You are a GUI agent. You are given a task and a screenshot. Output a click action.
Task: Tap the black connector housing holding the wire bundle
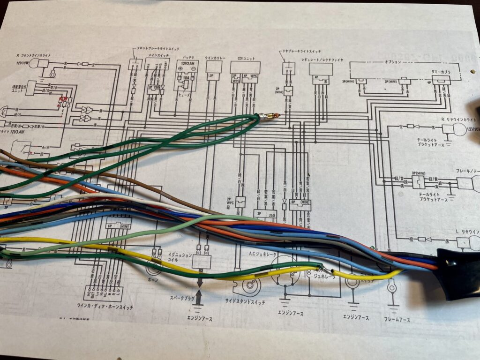click(x=457, y=274)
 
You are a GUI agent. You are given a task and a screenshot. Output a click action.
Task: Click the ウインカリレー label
click(x=215, y=58)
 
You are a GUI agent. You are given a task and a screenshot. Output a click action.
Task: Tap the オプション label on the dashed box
click(x=392, y=62)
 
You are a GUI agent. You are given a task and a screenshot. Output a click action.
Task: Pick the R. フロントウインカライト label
click(x=37, y=55)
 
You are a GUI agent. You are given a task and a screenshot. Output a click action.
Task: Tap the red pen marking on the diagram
click(x=63, y=100)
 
